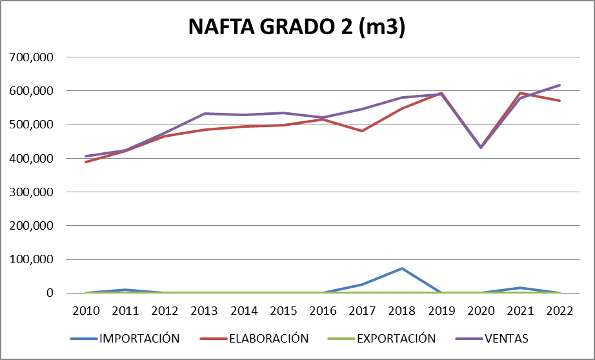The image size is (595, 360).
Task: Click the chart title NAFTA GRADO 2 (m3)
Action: (x=297, y=27)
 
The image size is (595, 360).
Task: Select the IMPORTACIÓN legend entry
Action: (x=139, y=338)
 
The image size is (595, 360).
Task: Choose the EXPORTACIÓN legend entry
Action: (x=396, y=338)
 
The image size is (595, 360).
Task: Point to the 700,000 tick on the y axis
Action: (x=30, y=57)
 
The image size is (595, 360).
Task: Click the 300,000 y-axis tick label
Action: (x=30, y=192)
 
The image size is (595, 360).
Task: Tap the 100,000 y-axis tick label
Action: (x=30, y=259)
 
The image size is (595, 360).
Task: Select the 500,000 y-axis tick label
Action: (x=30, y=125)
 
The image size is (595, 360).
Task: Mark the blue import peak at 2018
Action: (x=401, y=268)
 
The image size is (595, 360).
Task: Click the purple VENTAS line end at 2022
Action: (x=560, y=85)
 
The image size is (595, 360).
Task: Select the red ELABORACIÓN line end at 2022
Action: (x=560, y=101)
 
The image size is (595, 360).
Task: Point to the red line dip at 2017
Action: (x=362, y=131)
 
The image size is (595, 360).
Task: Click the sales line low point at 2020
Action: (x=480, y=148)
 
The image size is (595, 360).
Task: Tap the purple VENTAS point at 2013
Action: (x=205, y=114)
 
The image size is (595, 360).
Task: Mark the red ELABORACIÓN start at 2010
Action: (x=86, y=162)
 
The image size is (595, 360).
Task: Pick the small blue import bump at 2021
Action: (x=520, y=288)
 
